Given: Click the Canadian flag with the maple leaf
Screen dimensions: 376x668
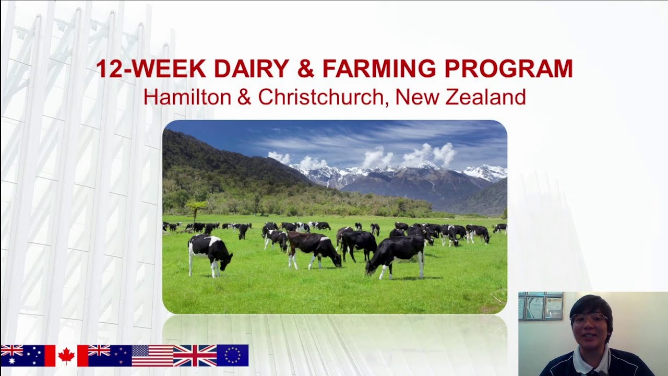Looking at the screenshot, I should click(x=66, y=356).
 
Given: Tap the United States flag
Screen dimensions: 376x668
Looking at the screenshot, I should click(x=152, y=356).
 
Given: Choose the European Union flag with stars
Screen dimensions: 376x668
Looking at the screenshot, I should click(x=232, y=356).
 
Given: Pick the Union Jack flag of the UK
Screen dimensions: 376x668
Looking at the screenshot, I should click(x=195, y=356).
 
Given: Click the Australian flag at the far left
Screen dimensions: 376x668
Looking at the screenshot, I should click(x=22, y=356).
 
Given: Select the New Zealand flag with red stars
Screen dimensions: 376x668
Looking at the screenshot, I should click(x=110, y=356).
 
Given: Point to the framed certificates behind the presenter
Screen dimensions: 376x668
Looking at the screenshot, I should click(x=541, y=307).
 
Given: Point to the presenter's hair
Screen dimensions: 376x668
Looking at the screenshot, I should click(x=591, y=303).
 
